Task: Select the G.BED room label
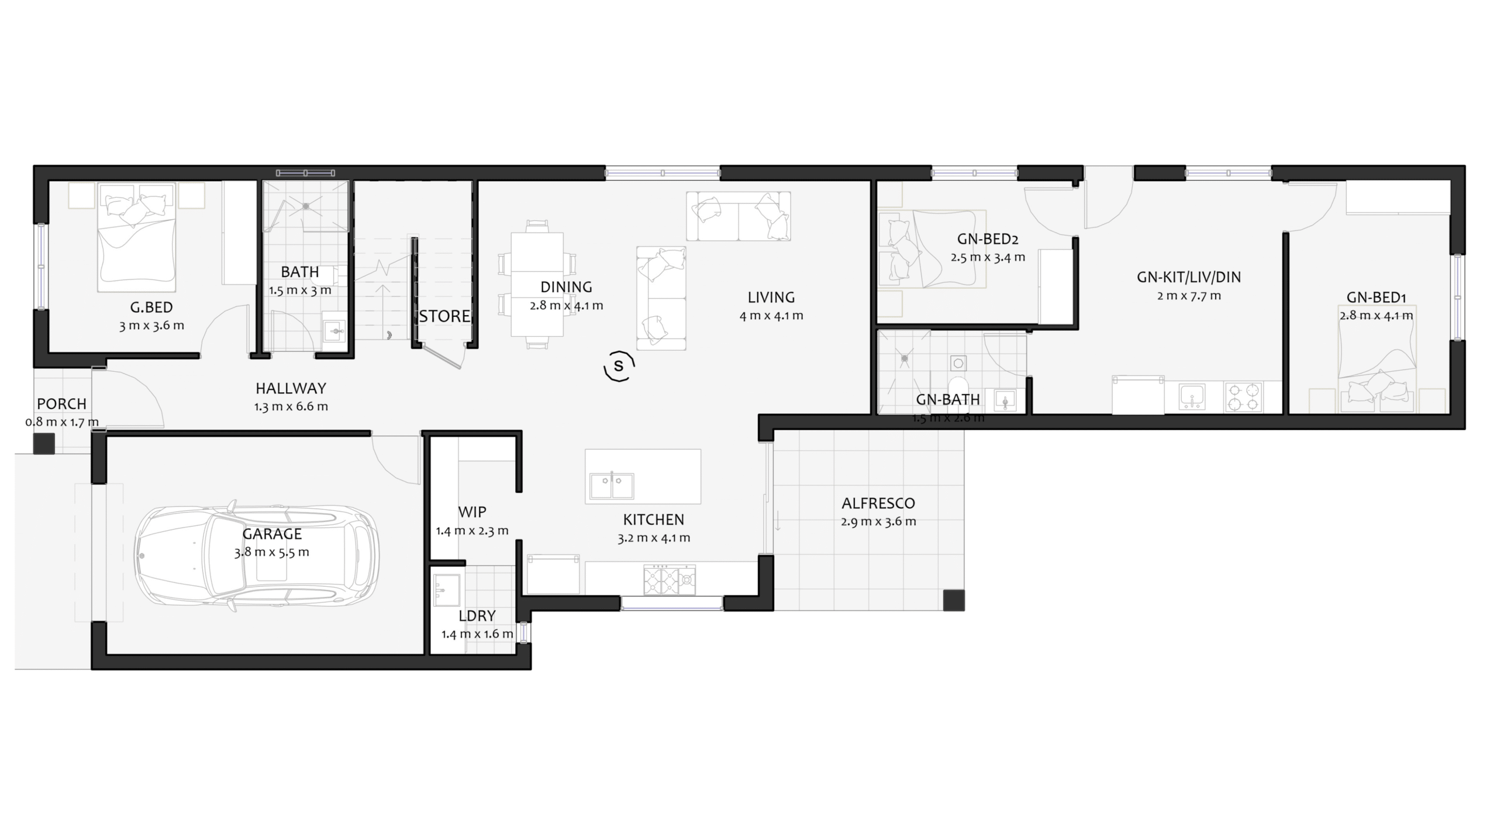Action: (x=151, y=307)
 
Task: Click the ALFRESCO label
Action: (x=878, y=503)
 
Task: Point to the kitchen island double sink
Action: (x=612, y=485)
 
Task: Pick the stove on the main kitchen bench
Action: (x=670, y=579)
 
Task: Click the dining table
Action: (x=537, y=284)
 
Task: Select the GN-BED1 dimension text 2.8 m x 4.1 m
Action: (x=1377, y=316)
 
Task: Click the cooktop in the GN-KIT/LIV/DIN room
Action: (x=1243, y=397)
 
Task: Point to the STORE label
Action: (x=444, y=316)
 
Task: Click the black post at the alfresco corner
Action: (x=954, y=600)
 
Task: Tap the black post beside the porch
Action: (x=44, y=444)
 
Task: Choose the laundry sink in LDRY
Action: (x=447, y=590)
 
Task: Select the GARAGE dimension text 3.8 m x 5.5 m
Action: (x=272, y=552)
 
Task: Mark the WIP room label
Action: (x=472, y=512)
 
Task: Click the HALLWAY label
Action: (x=291, y=388)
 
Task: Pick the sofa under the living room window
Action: (x=739, y=216)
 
